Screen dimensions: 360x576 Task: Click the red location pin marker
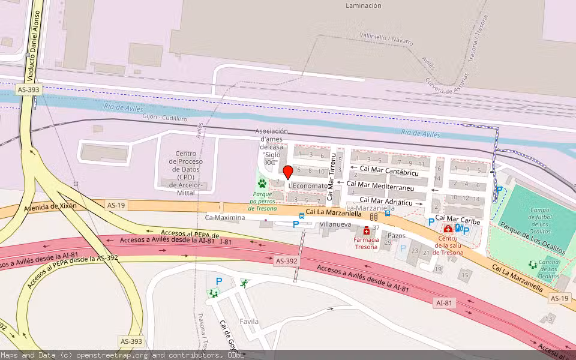(287, 173)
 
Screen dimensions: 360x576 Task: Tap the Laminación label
(363, 5)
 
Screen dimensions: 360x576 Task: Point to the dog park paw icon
(262, 183)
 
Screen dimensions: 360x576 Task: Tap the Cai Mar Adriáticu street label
(386, 201)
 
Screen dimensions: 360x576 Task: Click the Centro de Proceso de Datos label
(185, 169)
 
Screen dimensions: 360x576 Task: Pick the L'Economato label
(308, 186)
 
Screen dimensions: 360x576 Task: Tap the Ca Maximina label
(225, 217)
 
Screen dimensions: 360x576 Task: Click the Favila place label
(249, 322)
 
